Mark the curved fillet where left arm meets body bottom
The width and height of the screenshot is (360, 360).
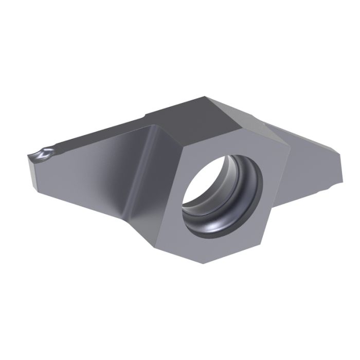pos(126,216)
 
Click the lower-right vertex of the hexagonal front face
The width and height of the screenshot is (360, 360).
pos(278,227)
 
